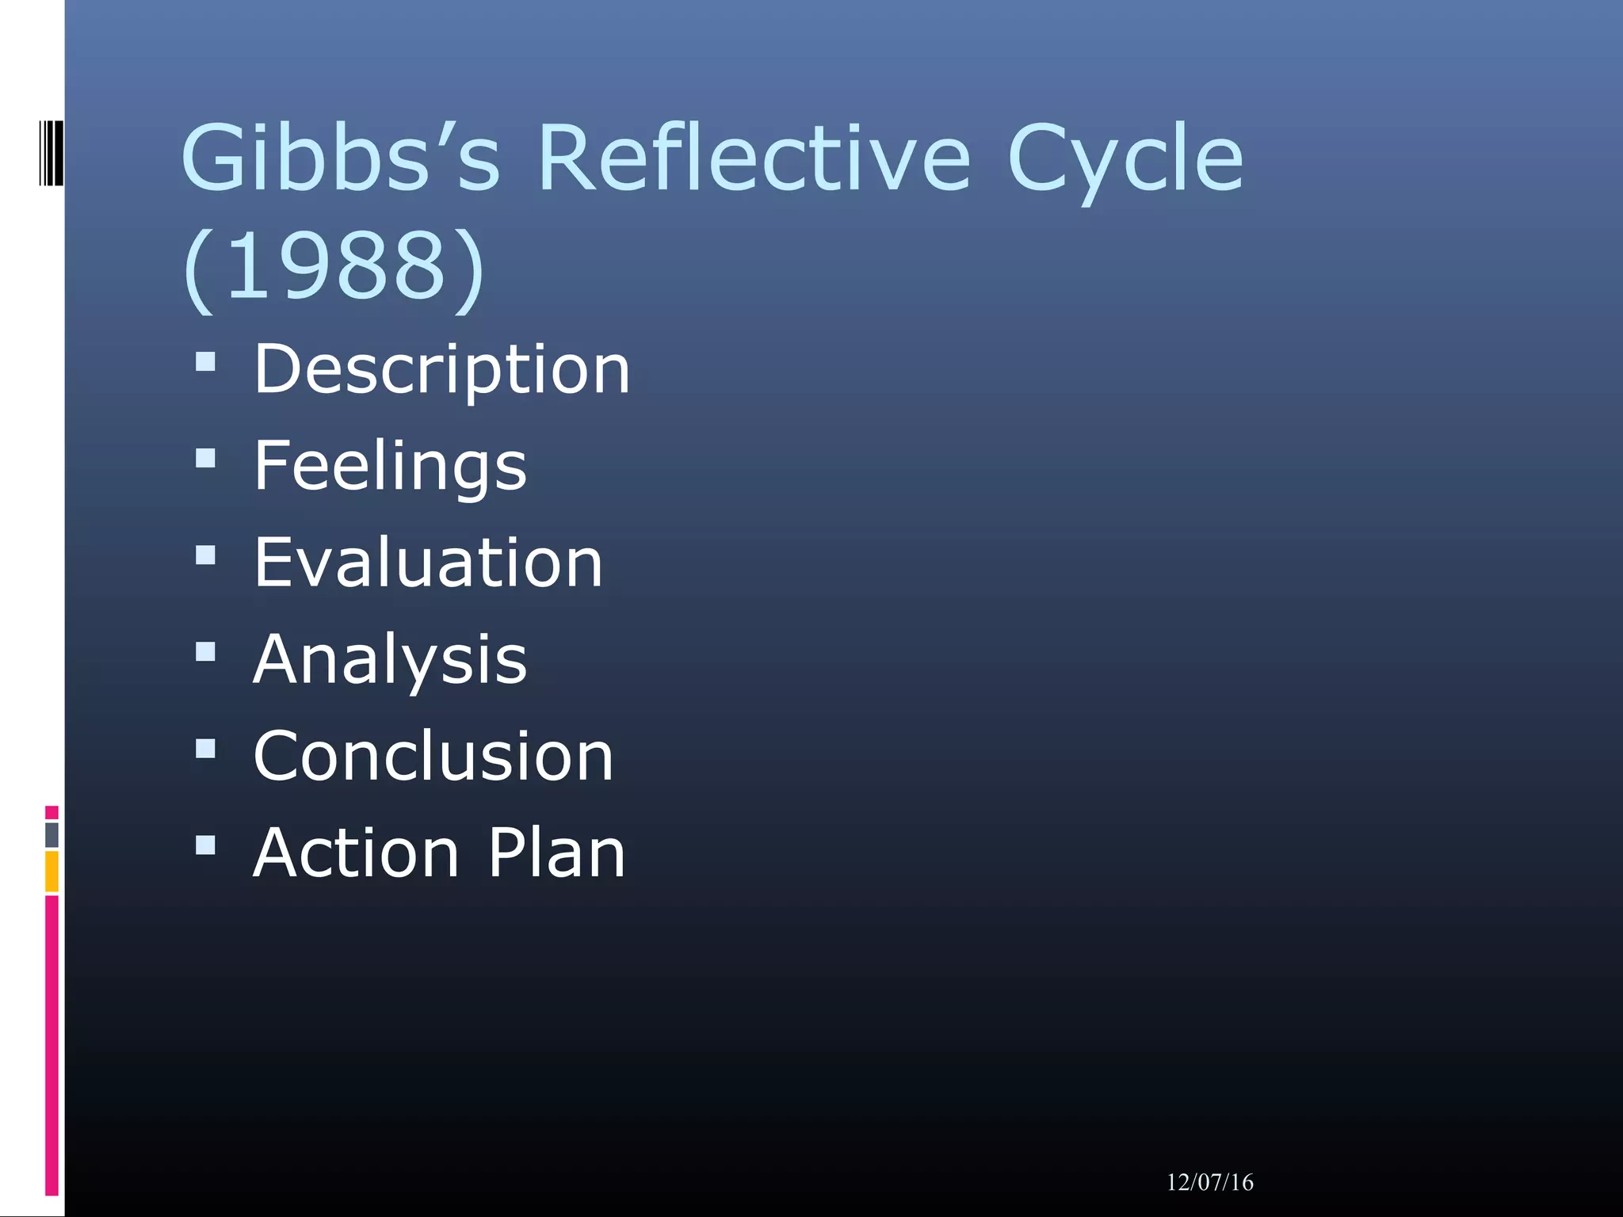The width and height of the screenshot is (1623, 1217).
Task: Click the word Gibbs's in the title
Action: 341,158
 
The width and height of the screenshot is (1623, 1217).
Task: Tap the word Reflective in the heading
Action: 754,158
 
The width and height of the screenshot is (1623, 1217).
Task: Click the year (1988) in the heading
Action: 333,265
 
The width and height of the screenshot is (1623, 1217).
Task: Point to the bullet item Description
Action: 441,369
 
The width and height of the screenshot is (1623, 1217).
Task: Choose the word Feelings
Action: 390,466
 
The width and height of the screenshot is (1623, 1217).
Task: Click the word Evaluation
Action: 428,563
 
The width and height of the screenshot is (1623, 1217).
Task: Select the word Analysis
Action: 390,659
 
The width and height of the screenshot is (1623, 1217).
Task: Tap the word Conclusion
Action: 433,757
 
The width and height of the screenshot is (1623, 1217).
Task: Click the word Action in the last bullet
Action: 356,853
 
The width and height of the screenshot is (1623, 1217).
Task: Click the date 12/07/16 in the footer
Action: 1209,1183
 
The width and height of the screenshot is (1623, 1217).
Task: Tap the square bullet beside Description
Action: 205,362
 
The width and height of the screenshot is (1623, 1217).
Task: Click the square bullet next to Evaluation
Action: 205,555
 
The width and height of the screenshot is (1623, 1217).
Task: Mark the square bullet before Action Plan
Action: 205,845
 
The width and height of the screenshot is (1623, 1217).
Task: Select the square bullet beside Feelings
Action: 205,459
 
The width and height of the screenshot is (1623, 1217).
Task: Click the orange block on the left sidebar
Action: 52,872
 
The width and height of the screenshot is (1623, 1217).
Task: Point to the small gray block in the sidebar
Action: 52,834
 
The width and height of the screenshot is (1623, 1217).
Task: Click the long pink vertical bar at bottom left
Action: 52,1046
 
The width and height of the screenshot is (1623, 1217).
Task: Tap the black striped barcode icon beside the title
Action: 51,153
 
